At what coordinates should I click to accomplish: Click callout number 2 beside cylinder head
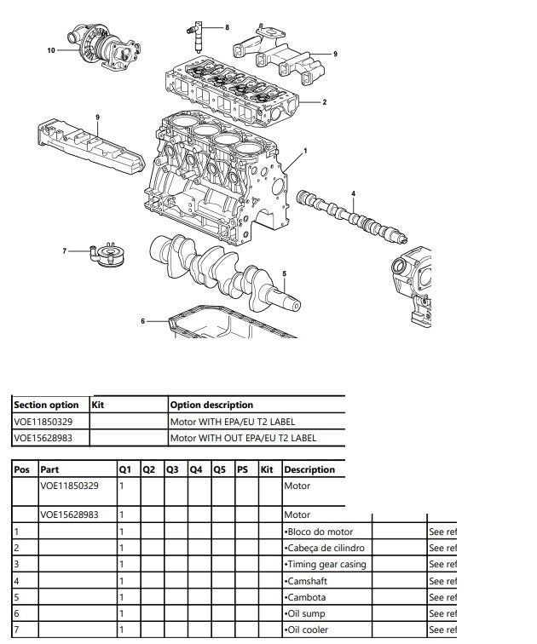click(324, 102)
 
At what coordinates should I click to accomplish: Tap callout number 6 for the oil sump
click(144, 320)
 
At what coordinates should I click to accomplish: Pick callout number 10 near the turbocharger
click(51, 50)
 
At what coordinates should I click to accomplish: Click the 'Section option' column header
click(46, 405)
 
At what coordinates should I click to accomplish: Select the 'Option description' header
click(211, 405)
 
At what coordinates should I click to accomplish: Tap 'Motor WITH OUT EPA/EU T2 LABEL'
click(243, 439)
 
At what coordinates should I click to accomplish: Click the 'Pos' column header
click(22, 469)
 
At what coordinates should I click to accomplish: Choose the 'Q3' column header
click(172, 469)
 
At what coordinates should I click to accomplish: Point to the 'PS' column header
click(242, 469)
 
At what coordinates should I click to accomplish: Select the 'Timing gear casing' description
click(326, 565)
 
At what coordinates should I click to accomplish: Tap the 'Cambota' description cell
click(309, 597)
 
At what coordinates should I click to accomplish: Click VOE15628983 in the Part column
click(69, 515)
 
